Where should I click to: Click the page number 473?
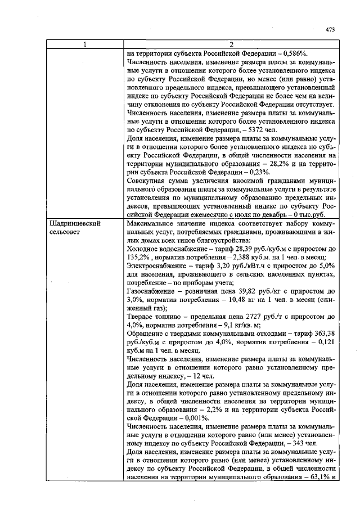click(x=330, y=30)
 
